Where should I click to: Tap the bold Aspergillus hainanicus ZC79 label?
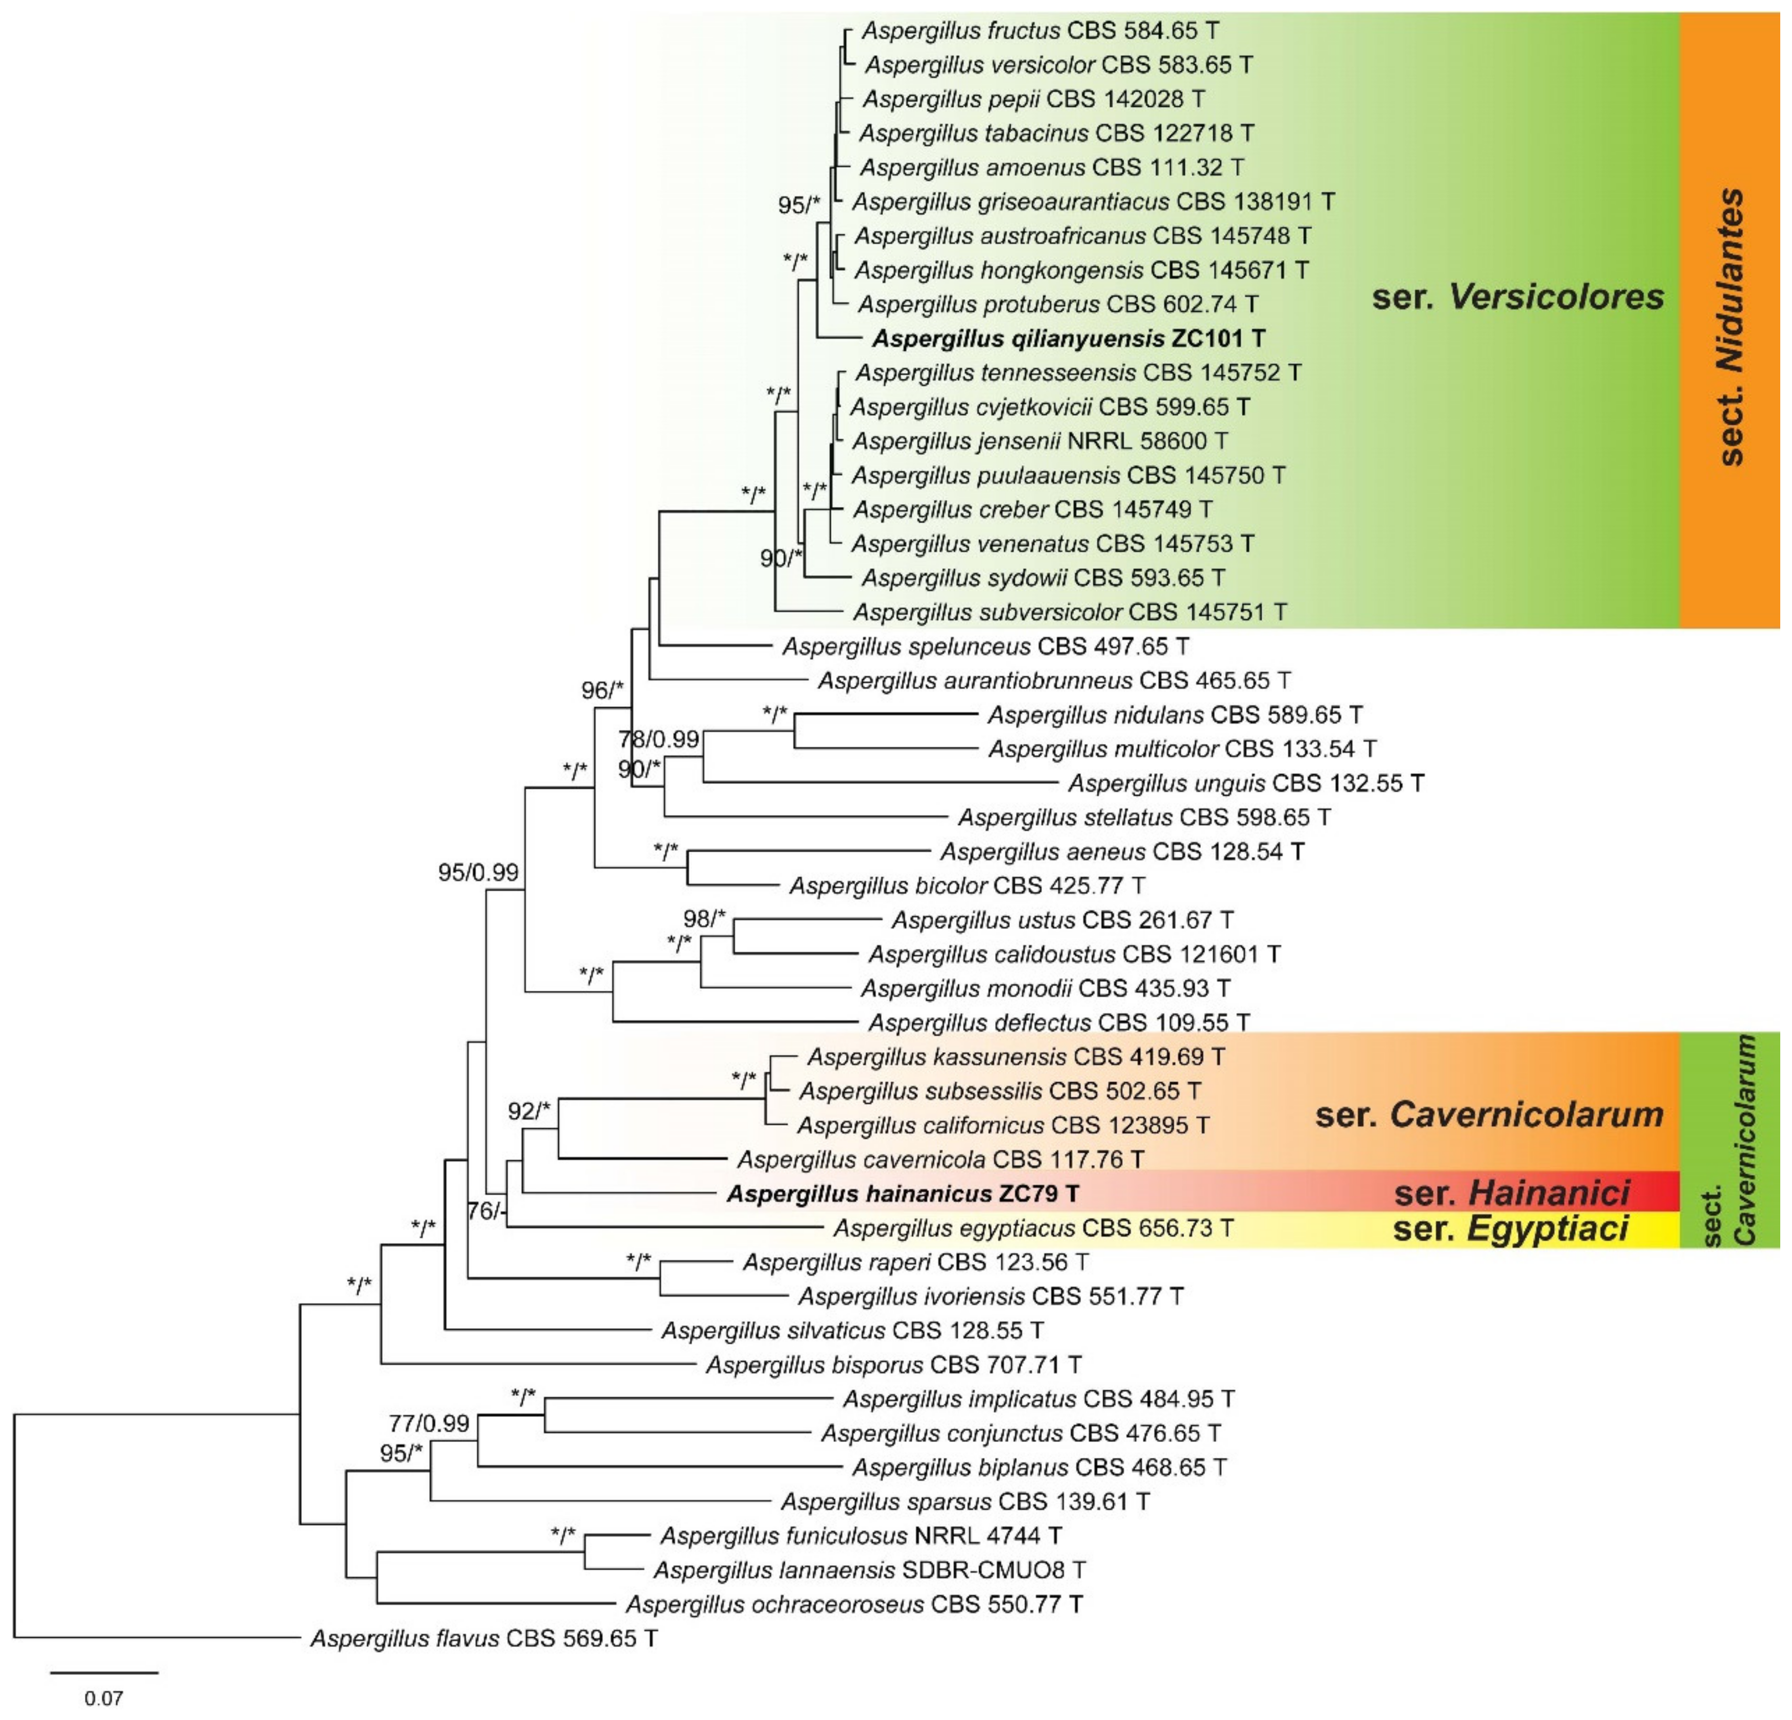pos(903,1193)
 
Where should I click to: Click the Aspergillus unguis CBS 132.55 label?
pos(1245,783)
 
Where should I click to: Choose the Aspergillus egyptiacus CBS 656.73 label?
pos(1033,1227)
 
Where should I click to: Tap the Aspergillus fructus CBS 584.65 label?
pos(1040,30)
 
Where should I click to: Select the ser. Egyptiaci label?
pos(1511,1228)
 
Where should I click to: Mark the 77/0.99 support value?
pos(429,1423)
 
